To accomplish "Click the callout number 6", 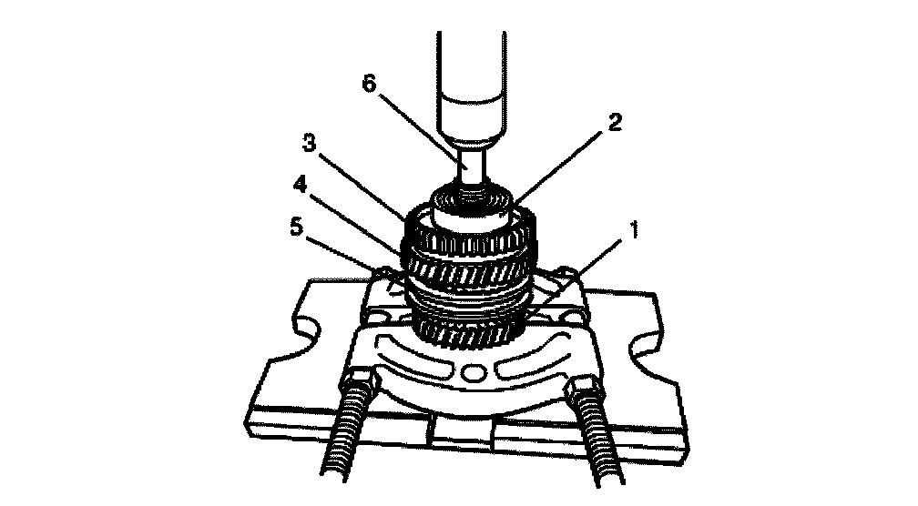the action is coord(370,84).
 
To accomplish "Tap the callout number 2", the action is coord(614,123).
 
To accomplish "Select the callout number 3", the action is coord(309,143).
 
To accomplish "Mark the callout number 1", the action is coord(633,230).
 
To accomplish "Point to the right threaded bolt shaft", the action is coord(597,440).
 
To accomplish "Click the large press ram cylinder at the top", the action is coord(472,86).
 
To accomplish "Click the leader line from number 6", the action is coord(419,127).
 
